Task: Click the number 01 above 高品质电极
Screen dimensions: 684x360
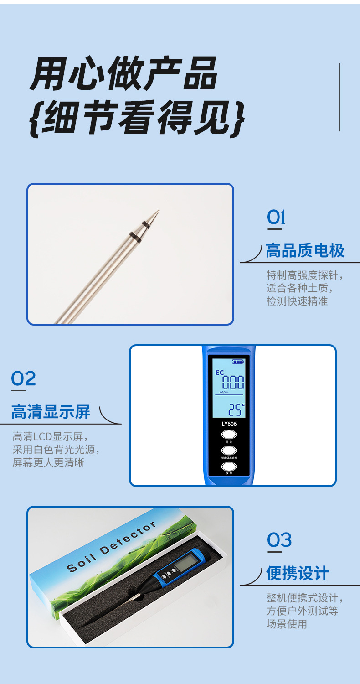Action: point(276,218)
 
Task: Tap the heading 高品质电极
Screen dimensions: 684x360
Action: point(305,251)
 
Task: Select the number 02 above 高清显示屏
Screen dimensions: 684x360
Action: point(23,378)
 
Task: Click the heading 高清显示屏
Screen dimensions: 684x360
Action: point(51,412)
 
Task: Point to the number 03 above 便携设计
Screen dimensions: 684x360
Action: point(279,540)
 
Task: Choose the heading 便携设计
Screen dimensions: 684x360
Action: point(297,573)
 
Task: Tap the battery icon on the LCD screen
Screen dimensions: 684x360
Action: point(237,362)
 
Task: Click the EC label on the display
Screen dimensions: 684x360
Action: point(219,372)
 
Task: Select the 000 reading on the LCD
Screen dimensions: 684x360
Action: point(233,382)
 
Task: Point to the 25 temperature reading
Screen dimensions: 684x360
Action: point(235,409)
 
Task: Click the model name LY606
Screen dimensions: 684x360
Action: point(229,424)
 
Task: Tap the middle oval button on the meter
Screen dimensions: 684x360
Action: point(229,451)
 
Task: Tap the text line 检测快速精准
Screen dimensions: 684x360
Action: point(297,301)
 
